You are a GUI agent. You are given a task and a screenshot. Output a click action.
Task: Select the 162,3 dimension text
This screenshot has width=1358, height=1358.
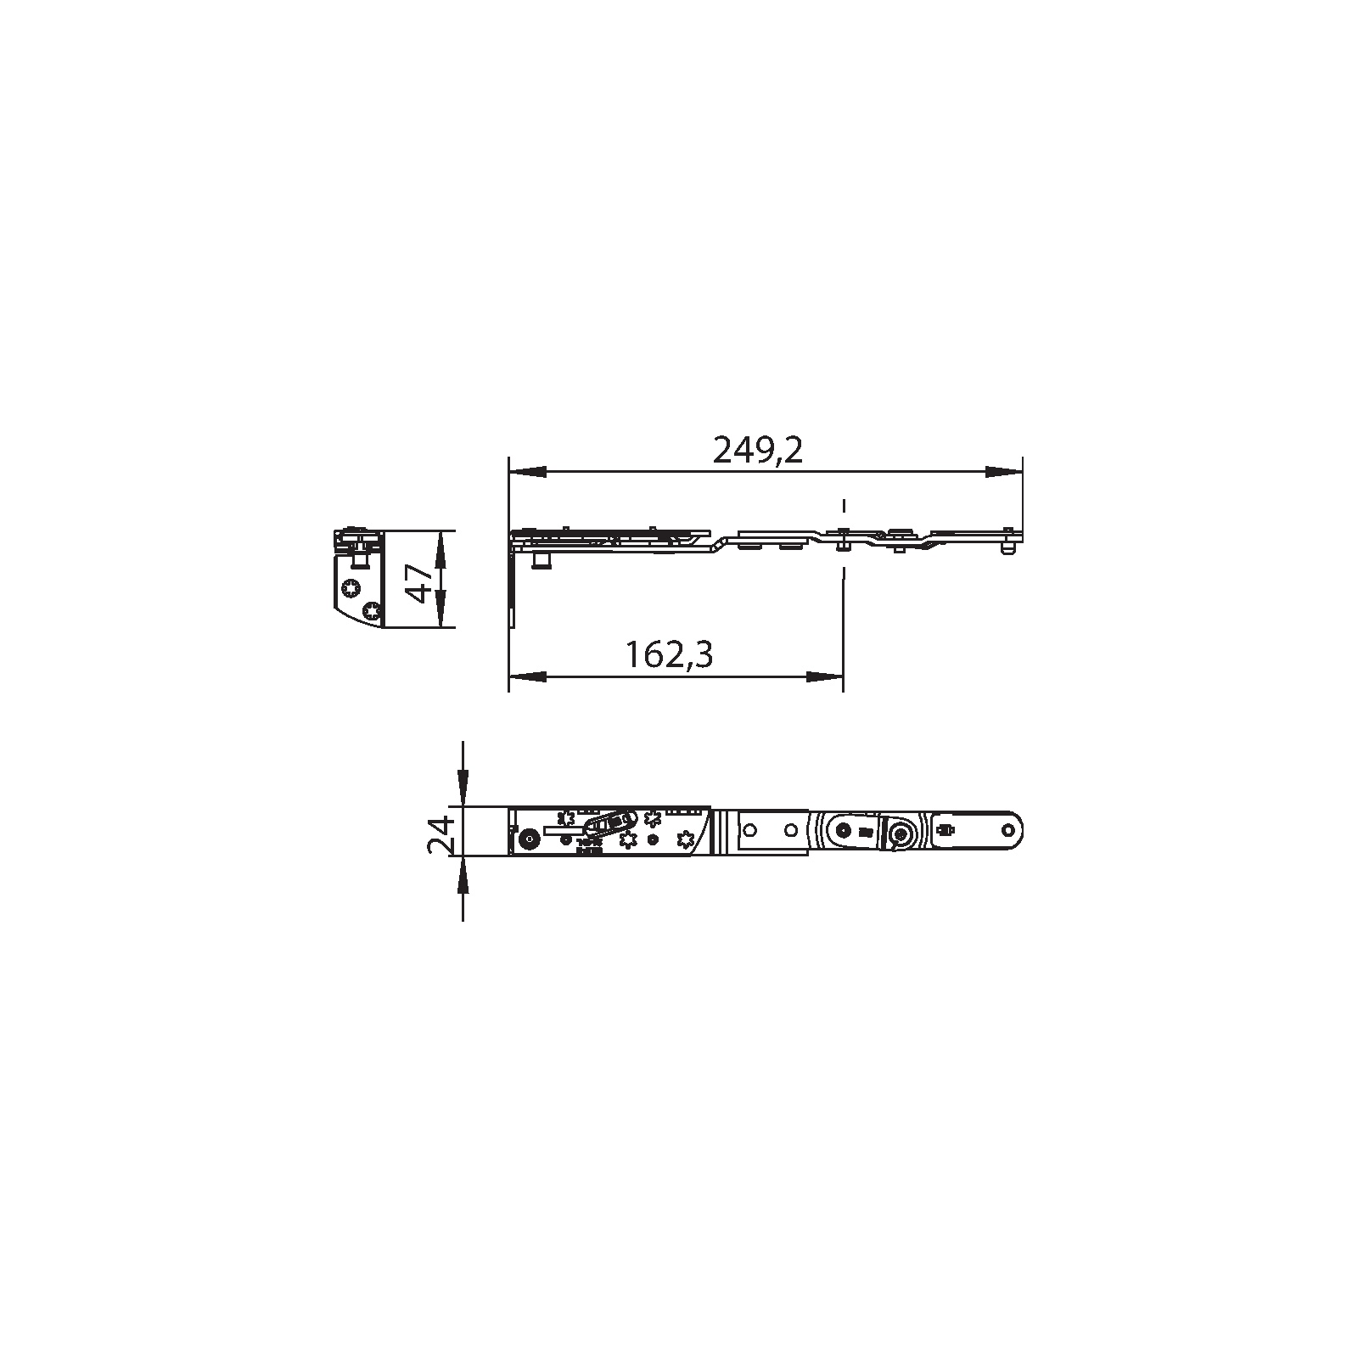669,655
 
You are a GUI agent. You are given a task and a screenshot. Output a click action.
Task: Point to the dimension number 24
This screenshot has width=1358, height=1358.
439,833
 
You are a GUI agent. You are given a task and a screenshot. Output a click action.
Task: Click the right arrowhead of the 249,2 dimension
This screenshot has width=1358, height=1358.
1003,471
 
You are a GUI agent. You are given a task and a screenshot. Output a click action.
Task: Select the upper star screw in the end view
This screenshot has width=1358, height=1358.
350,588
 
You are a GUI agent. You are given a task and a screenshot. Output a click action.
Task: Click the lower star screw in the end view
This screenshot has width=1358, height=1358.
370,611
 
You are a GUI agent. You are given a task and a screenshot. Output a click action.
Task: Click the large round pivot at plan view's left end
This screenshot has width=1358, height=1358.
529,839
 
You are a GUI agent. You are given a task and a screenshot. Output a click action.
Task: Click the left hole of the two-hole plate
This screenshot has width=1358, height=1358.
751,828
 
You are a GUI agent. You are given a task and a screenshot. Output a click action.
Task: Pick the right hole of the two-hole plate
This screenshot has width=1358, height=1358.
789,828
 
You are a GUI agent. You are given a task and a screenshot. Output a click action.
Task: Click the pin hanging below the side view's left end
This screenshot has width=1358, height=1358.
539,562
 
